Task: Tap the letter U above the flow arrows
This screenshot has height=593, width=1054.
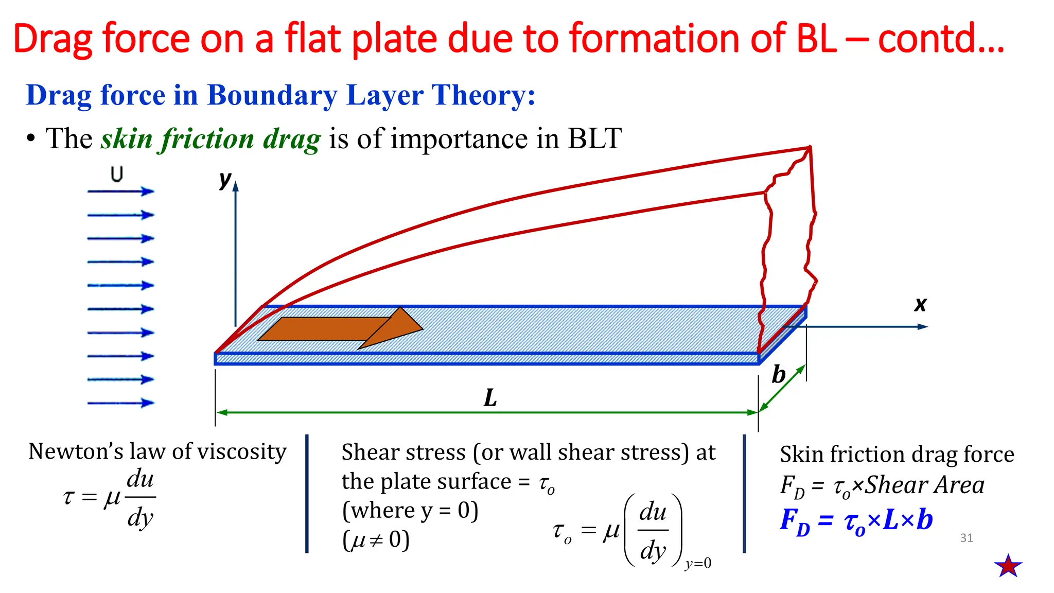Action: click(117, 175)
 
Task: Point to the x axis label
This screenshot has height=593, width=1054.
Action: click(920, 304)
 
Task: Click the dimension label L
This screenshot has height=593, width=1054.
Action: click(490, 398)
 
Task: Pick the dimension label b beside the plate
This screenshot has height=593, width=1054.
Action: click(778, 374)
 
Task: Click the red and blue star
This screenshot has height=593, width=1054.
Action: click(1008, 566)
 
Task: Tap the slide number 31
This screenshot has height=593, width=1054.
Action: click(967, 538)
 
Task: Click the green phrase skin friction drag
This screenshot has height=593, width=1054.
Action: click(210, 139)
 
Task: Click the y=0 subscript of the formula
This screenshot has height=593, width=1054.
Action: click(698, 563)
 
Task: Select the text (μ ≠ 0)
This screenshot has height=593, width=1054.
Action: click(376, 540)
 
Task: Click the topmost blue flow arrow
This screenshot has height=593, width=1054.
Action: click(120, 191)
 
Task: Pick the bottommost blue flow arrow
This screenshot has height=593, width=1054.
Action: click(120, 403)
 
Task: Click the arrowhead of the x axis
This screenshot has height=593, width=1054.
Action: click(922, 326)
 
